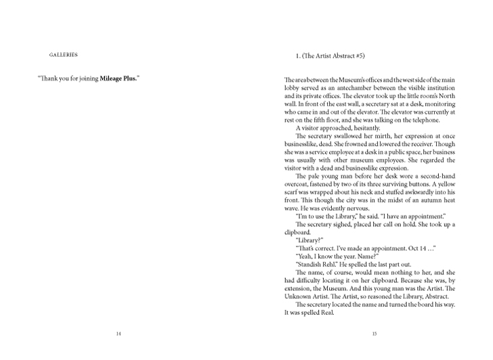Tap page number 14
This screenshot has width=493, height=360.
119,334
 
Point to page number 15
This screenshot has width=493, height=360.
374,334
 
